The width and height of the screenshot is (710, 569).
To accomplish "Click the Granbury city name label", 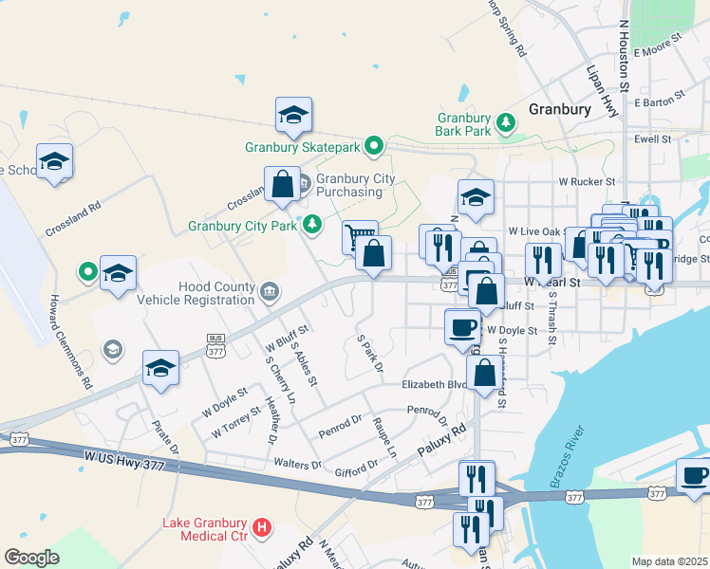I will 560,109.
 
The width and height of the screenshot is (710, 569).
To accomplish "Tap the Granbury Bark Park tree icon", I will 507,120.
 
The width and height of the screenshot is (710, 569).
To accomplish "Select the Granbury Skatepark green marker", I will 375,146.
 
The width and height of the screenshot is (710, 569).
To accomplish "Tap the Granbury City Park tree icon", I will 310,225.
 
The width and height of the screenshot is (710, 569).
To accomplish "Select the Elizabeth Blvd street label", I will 435,385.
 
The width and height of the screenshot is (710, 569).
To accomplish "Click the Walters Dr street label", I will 298,464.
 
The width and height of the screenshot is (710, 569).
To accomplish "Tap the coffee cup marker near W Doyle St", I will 462,325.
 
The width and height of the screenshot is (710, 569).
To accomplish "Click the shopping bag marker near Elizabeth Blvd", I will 485,374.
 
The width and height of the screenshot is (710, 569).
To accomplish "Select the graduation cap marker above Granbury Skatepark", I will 293,116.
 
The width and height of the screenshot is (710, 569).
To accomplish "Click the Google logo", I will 31,558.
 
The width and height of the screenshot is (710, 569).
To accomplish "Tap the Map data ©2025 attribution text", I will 669,561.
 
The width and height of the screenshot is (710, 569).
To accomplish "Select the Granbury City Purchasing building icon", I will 305,182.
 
